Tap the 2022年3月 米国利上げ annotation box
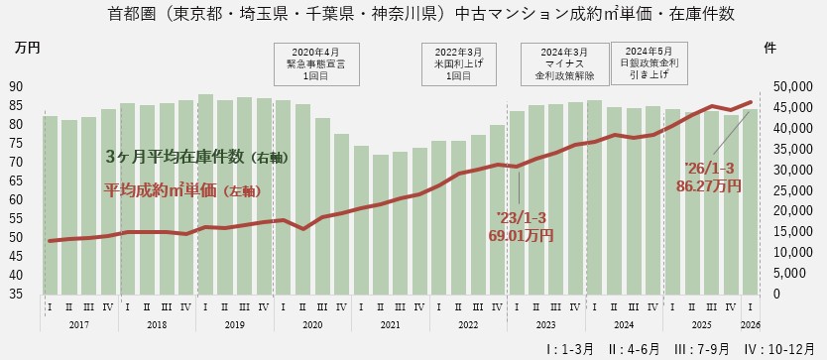click(x=459, y=62)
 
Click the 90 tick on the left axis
click(x=17, y=86)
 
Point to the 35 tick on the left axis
click(x=17, y=294)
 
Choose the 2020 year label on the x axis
click(x=311, y=324)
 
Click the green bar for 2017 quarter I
click(x=50, y=204)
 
